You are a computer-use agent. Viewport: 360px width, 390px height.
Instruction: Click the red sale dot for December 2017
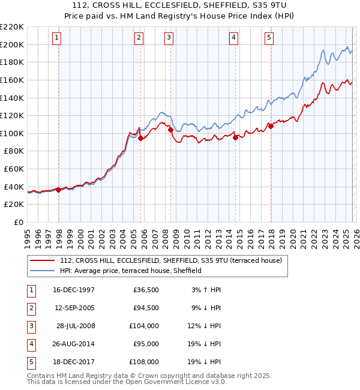click(271, 126)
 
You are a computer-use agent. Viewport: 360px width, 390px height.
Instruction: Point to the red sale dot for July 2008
click(171, 130)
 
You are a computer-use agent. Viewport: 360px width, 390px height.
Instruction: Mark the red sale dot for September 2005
click(140, 138)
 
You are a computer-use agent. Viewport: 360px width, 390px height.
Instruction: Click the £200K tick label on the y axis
click(12, 44)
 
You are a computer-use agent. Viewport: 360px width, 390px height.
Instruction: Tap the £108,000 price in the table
click(144, 362)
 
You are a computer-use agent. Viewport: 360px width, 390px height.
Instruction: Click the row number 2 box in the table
click(29, 308)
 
